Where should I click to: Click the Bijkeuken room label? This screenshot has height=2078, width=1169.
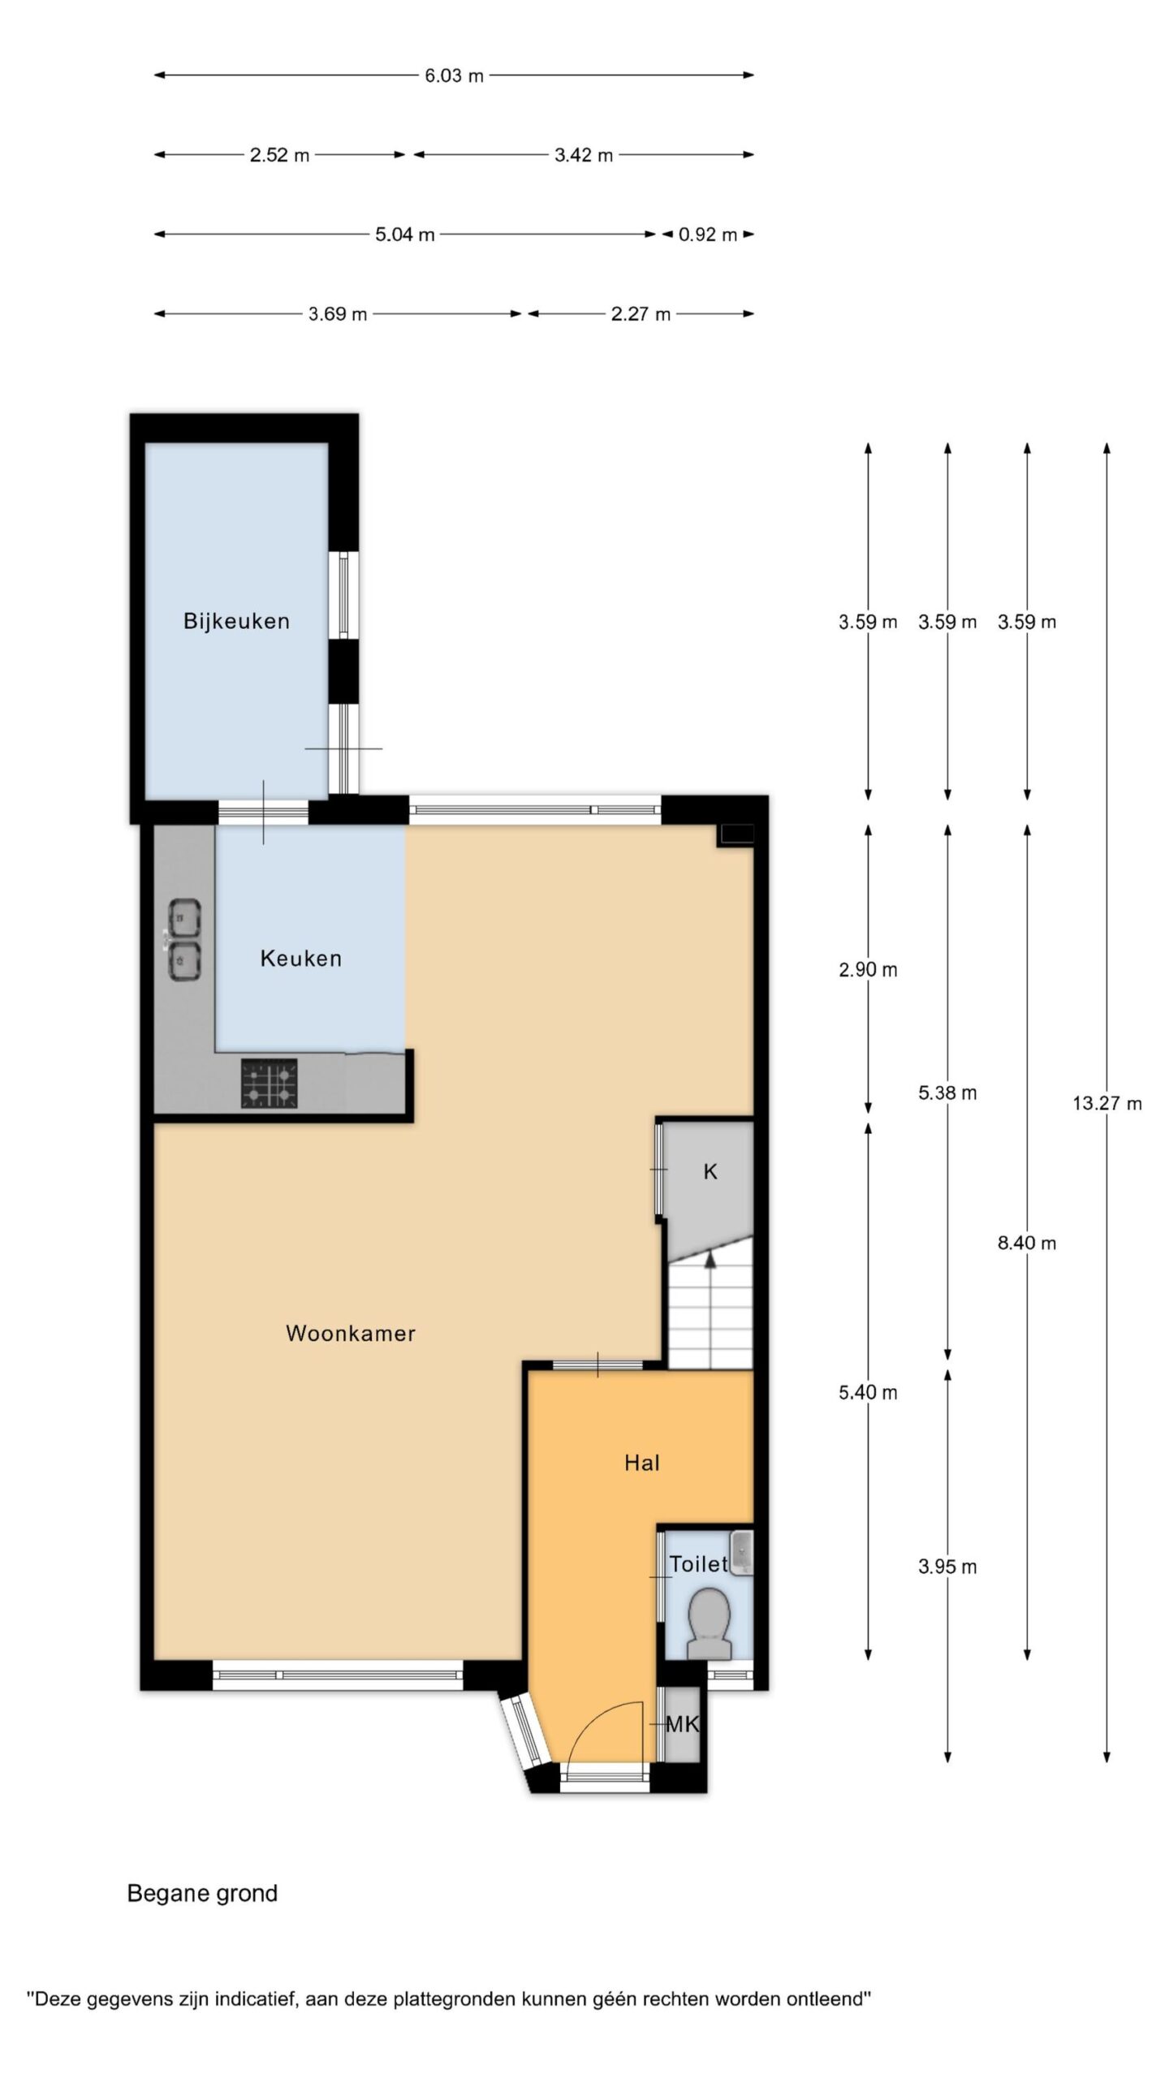point(236,621)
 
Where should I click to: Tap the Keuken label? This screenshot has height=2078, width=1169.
point(300,959)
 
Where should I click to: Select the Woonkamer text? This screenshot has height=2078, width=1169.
point(351,1333)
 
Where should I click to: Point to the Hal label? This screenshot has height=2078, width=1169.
point(641,1463)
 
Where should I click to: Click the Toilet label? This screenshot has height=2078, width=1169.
point(698,1563)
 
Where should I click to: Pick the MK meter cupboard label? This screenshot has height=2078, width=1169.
point(682,1725)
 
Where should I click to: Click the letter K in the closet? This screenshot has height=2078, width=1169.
point(710,1171)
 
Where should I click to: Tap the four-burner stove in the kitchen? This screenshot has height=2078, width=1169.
point(269,1083)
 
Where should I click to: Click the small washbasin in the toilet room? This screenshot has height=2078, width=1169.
point(741,1553)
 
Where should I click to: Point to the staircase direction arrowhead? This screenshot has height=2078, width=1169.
point(710,1259)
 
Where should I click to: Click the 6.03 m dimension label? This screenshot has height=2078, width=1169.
point(454,75)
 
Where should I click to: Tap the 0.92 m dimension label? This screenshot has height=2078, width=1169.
point(708,235)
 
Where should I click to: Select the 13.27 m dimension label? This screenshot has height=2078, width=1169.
point(1107,1103)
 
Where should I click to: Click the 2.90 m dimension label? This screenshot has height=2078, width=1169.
point(868,969)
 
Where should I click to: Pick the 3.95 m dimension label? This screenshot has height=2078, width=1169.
point(947,1567)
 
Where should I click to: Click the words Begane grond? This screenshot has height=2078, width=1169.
point(202,1894)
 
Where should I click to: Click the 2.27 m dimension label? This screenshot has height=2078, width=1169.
point(641,314)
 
